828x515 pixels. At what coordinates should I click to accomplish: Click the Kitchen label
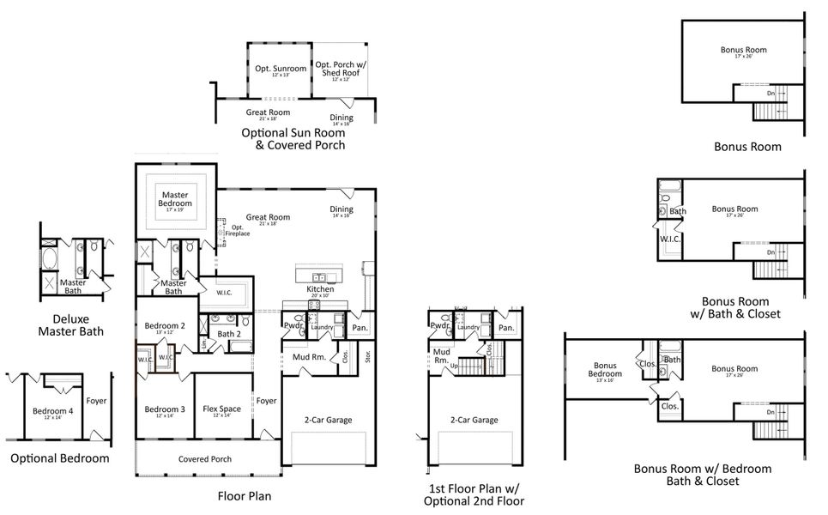320,289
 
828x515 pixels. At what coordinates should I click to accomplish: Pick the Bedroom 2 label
165,326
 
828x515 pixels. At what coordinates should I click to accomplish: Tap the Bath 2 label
227,334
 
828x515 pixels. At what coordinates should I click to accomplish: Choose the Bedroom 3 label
165,409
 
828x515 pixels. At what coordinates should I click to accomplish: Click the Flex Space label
221,409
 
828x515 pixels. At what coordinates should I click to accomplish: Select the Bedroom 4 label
53,410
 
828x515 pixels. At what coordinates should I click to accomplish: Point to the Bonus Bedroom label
605,370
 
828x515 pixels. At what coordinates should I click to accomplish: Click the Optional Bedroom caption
60,458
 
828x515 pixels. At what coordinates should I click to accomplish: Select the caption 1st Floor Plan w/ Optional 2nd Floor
475,494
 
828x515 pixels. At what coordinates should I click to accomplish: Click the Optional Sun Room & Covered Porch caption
293,139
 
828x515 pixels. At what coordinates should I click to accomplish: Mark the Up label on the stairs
455,365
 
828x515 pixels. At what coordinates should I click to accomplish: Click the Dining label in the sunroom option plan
341,118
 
